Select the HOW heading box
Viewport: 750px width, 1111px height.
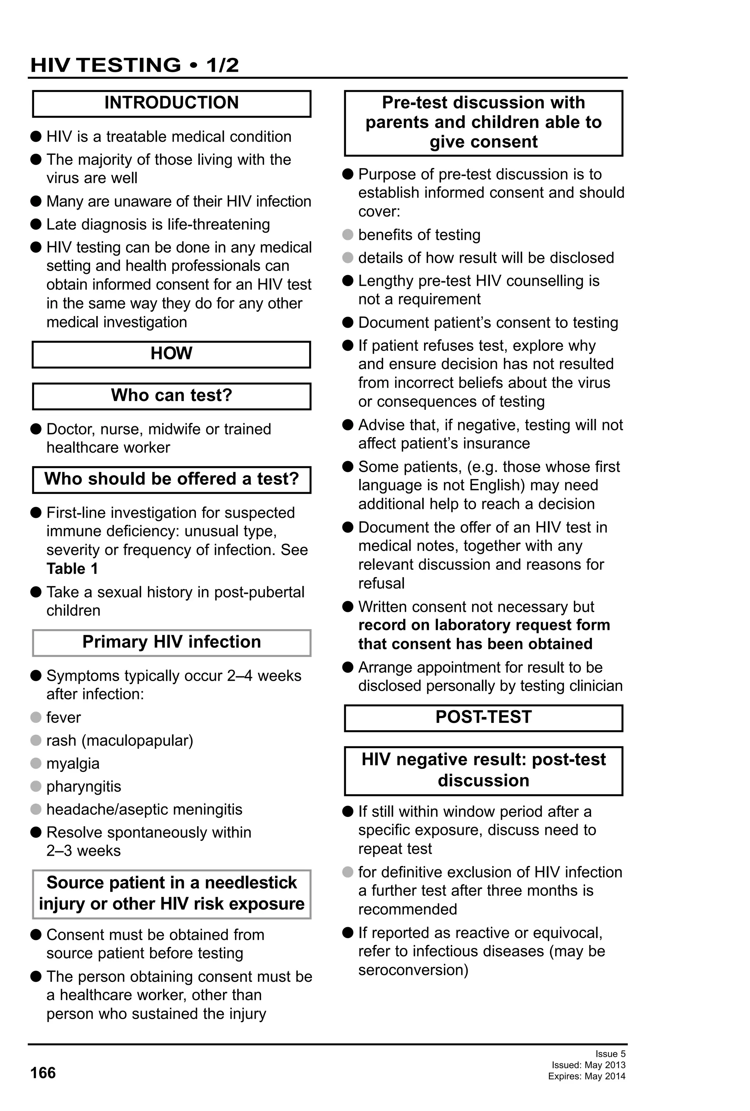point(171,354)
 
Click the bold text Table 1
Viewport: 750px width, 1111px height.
point(72,569)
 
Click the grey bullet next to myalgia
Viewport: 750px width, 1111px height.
point(36,763)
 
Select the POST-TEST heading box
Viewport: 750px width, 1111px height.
point(483,718)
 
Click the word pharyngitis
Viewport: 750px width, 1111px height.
point(83,787)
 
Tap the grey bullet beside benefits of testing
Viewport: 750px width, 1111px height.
point(348,234)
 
